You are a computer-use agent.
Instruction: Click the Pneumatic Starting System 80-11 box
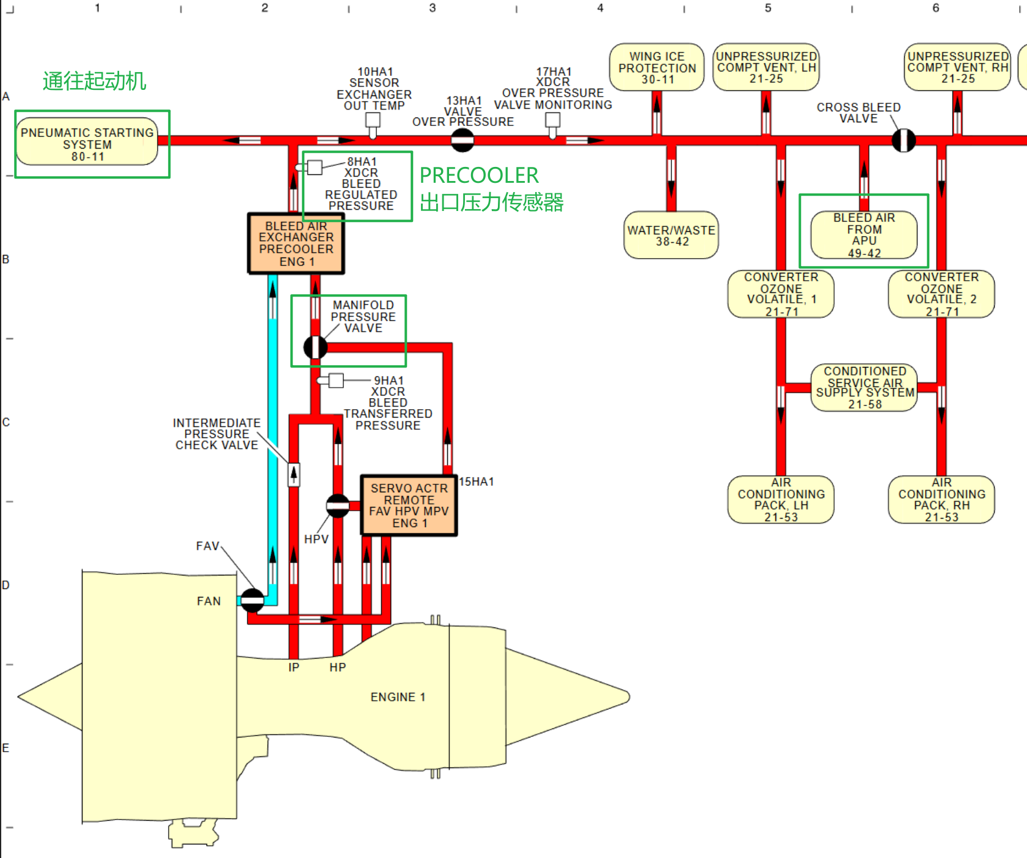click(87, 143)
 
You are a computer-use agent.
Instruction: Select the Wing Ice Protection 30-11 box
click(657, 67)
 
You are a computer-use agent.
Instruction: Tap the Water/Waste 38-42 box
click(671, 235)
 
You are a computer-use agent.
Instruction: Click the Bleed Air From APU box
click(864, 235)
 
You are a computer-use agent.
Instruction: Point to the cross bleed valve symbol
click(904, 140)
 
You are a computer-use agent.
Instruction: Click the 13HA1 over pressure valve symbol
click(462, 140)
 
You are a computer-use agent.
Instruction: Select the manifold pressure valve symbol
click(315, 347)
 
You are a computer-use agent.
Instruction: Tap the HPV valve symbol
click(338, 506)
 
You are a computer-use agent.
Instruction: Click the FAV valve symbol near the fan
click(252, 601)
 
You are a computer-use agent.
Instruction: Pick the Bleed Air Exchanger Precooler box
click(296, 243)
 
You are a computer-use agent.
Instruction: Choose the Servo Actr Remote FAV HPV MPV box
click(409, 505)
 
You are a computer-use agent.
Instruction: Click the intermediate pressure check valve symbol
click(294, 474)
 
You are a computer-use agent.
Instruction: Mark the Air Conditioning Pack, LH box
click(781, 500)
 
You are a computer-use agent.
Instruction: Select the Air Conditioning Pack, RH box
click(941, 500)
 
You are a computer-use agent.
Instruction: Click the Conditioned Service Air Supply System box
click(864, 387)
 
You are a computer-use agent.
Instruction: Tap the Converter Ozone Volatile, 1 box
click(781, 294)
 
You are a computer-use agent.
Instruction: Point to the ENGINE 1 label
click(398, 697)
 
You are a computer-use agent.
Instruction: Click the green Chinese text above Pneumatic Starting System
click(94, 81)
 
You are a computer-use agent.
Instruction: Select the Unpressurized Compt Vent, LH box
click(766, 67)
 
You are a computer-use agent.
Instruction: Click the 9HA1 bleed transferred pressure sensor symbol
click(335, 380)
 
